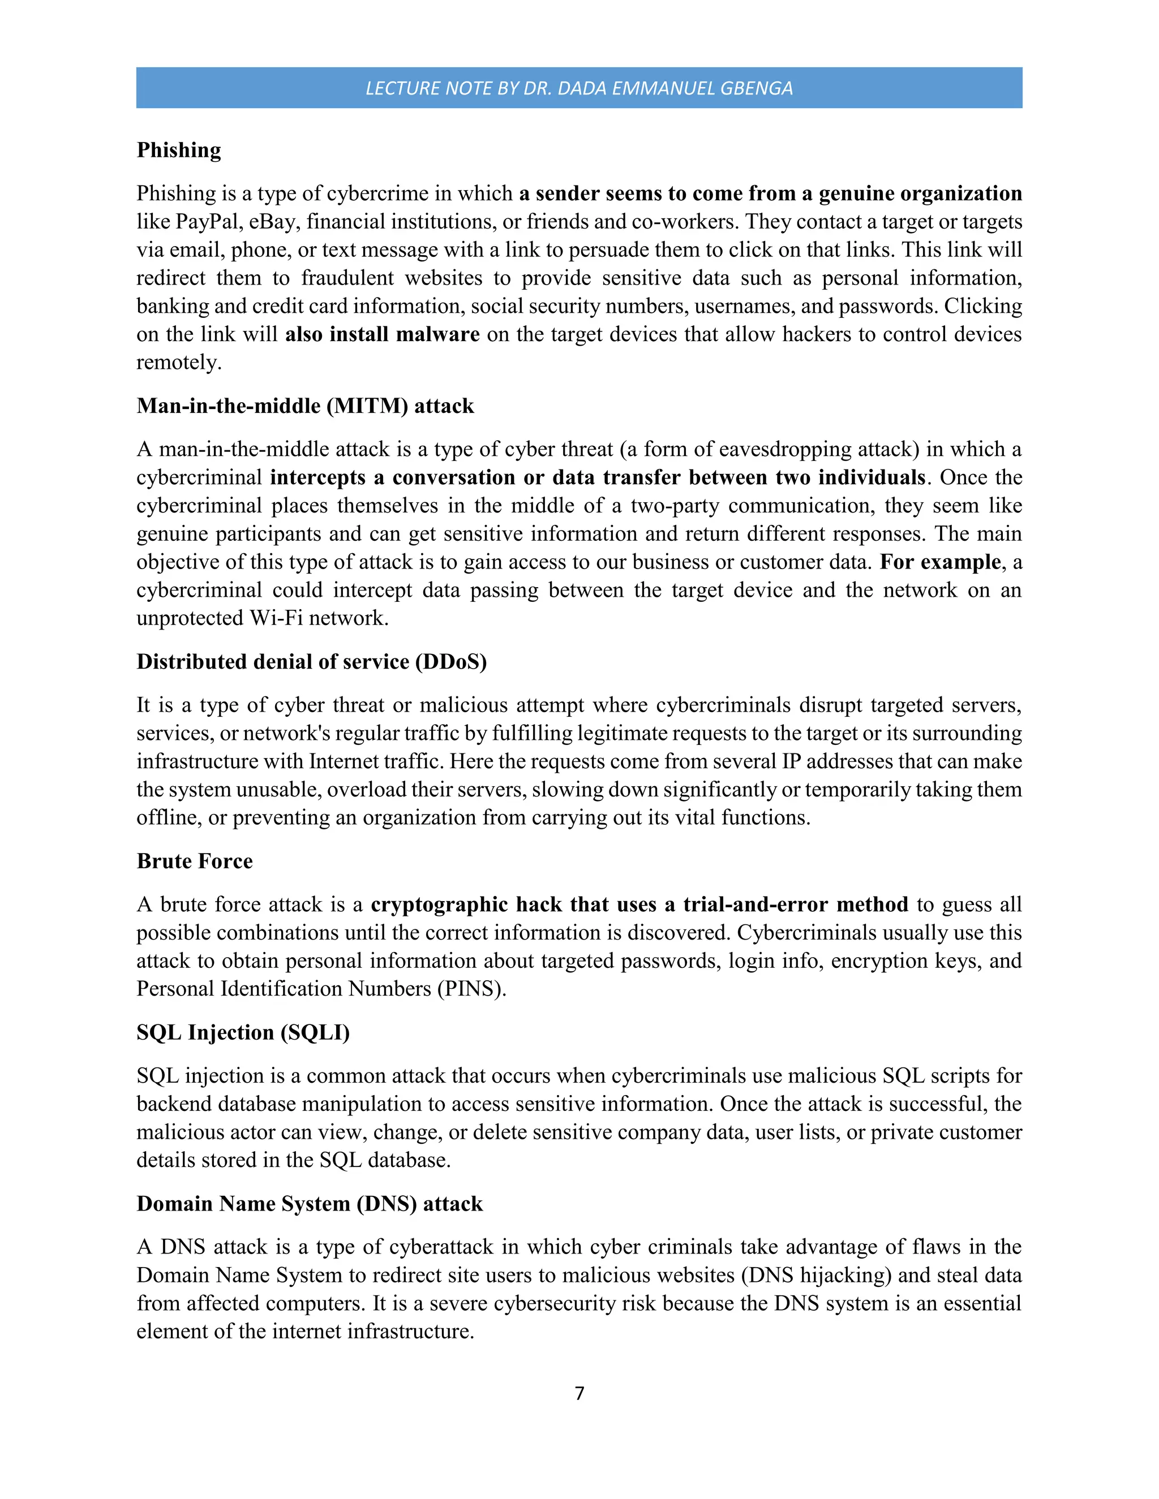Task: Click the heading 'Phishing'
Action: point(178,150)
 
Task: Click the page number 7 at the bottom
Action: point(579,1393)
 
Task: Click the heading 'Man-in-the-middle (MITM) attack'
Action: point(305,406)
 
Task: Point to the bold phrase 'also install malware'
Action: point(382,334)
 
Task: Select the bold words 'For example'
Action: point(940,562)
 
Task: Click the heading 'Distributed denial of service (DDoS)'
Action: point(311,662)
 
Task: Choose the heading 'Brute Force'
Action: point(194,861)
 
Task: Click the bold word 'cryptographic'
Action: point(439,904)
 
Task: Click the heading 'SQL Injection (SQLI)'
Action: point(242,1032)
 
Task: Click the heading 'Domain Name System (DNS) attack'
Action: point(309,1203)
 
